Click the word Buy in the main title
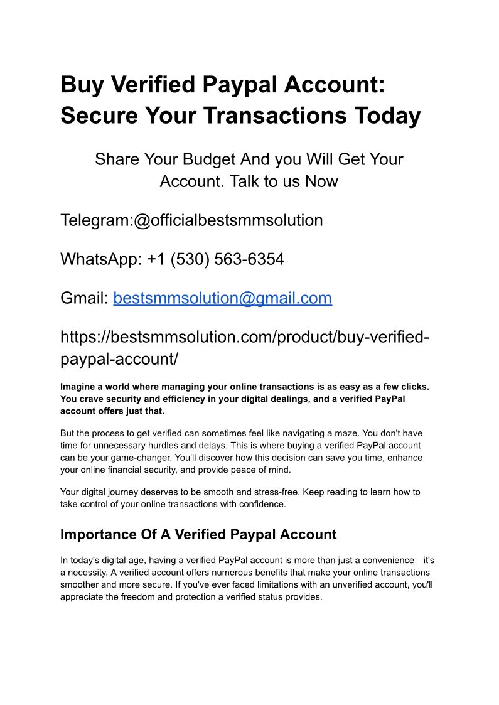click(80, 85)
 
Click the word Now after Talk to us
click(321, 181)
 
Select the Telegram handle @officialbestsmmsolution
click(228, 220)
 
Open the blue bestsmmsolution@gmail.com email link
click(222, 298)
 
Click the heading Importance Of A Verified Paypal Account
click(198, 534)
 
